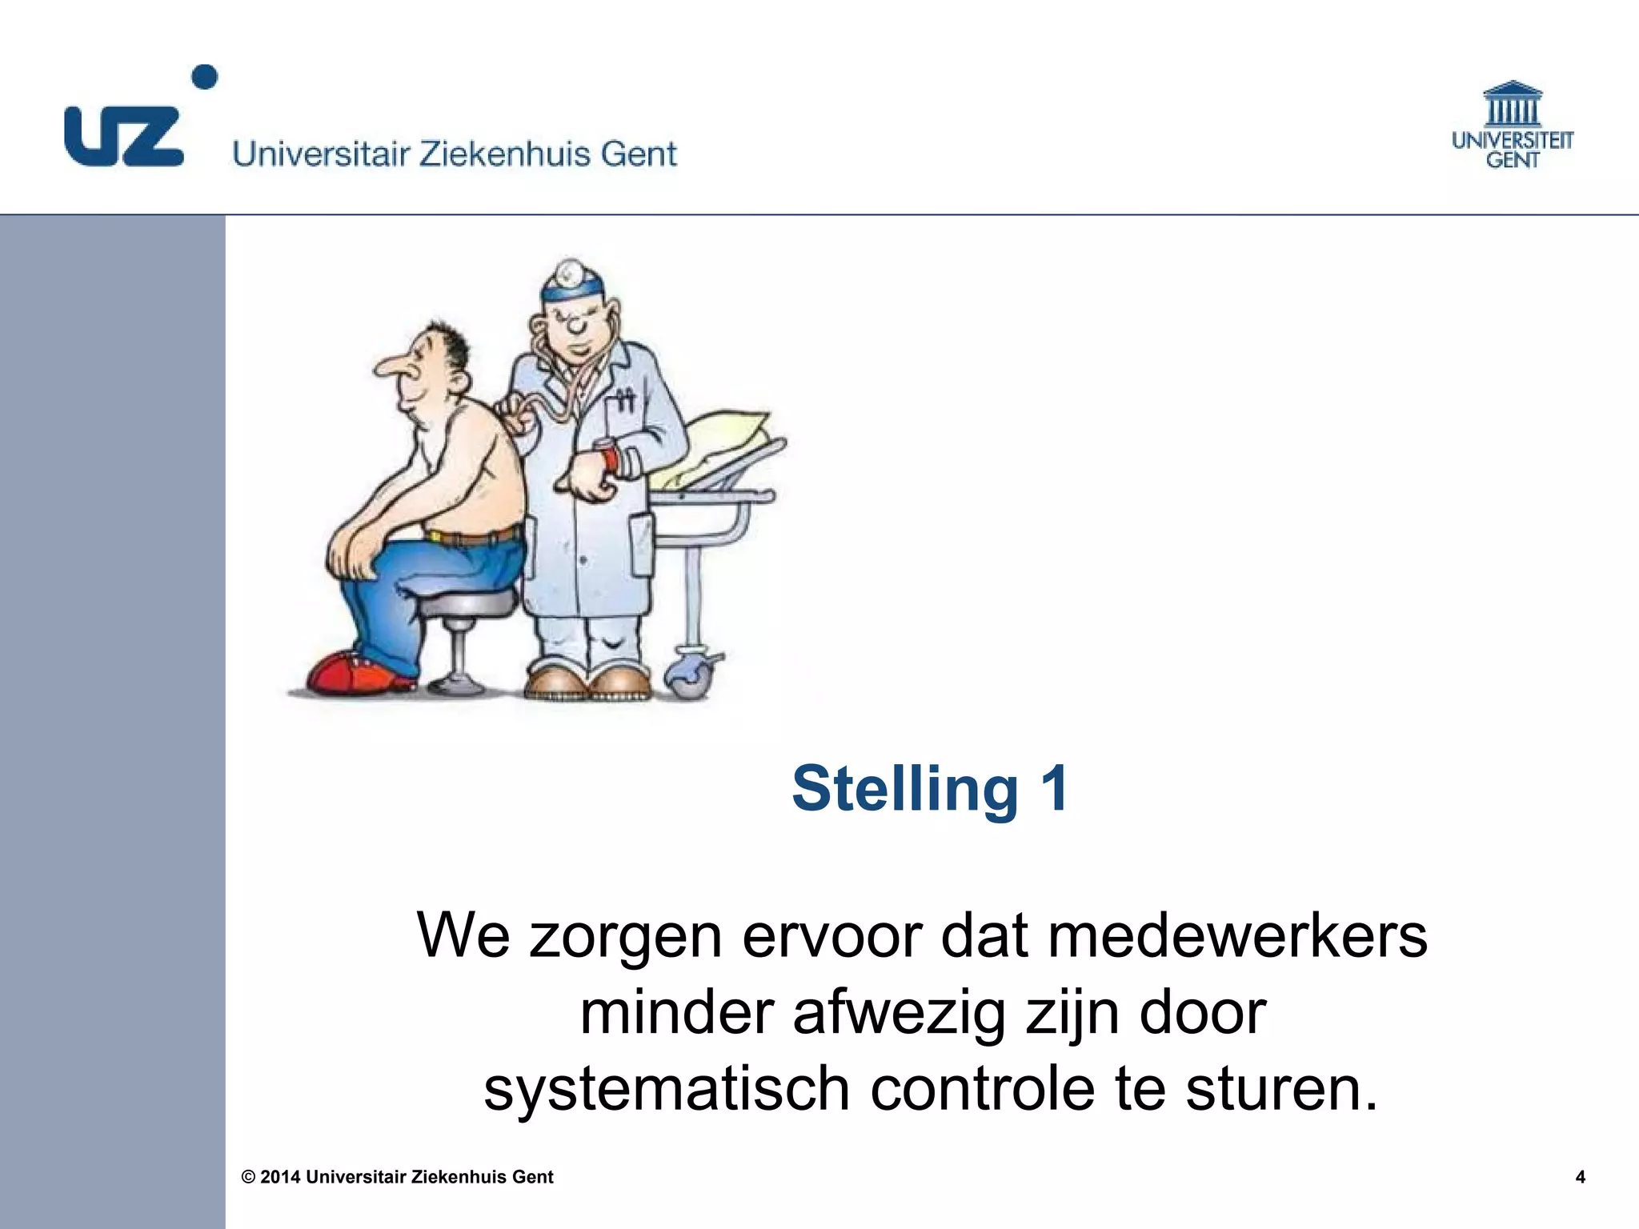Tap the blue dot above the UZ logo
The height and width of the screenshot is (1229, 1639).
pos(206,77)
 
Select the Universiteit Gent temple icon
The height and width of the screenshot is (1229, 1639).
pos(1512,104)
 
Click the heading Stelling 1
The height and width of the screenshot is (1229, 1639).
pos(930,789)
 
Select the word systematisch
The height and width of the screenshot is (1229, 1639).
pos(666,1089)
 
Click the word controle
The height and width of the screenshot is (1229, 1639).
pos(982,1089)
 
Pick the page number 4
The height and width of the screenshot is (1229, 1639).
pos(1580,1177)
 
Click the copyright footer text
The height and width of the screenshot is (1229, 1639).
pos(398,1177)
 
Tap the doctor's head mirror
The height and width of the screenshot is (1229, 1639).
pos(569,272)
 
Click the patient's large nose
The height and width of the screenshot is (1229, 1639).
pos(391,366)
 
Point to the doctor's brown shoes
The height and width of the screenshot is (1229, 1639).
pos(588,682)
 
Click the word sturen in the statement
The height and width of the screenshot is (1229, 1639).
pos(1281,1089)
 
